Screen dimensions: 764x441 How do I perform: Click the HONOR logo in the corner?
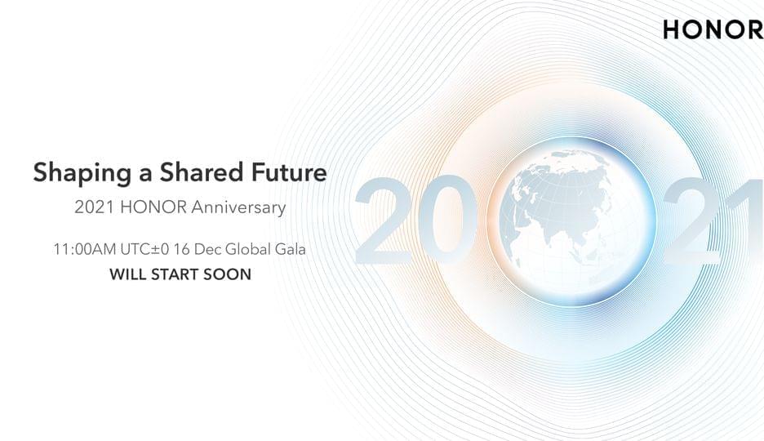click(713, 29)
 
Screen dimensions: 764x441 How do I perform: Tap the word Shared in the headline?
click(202, 172)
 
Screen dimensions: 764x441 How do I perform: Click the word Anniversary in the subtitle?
click(238, 207)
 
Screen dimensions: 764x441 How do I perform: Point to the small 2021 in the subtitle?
click(95, 207)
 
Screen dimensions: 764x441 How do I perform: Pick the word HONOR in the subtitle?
click(153, 207)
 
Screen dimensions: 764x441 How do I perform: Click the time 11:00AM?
click(85, 250)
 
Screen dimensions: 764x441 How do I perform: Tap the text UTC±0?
click(144, 250)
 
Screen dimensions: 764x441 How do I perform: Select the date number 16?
click(181, 250)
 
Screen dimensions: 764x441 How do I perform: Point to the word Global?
click(248, 250)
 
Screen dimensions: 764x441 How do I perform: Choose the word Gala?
click(291, 250)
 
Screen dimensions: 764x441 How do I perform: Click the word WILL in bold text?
click(128, 274)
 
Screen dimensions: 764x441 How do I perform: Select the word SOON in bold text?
click(228, 274)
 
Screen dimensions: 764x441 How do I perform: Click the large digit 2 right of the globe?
click(693, 220)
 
